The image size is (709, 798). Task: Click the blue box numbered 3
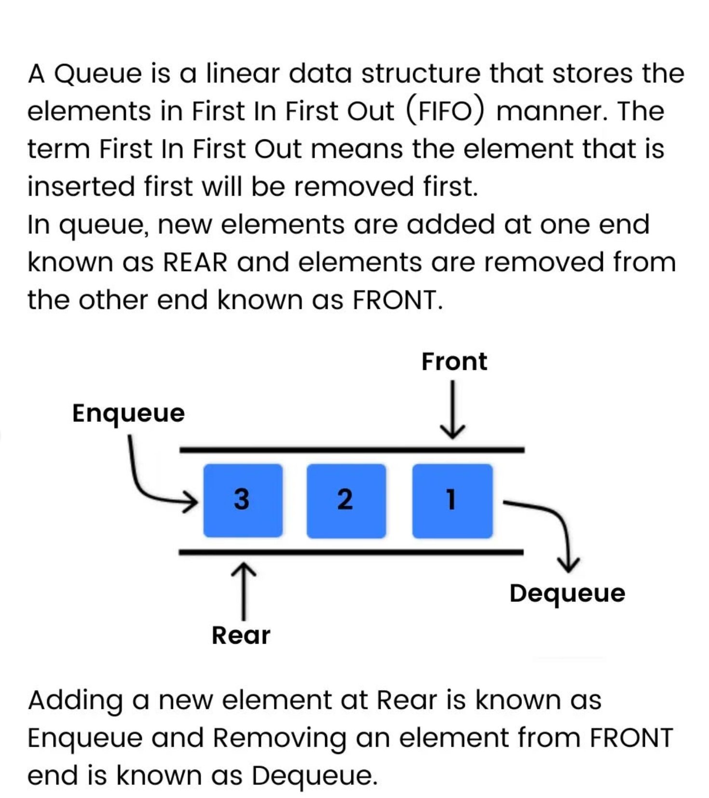(x=243, y=500)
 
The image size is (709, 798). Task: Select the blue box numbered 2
(x=346, y=500)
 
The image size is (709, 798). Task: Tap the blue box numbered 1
(x=452, y=500)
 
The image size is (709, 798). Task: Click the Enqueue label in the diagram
(x=128, y=413)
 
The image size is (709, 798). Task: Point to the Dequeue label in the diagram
(x=567, y=593)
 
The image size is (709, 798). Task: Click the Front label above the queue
(x=454, y=361)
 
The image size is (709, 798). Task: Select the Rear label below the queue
(x=241, y=635)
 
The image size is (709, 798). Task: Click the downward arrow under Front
(x=452, y=409)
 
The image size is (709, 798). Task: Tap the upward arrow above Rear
(x=243, y=591)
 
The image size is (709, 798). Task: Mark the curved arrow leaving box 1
(x=555, y=526)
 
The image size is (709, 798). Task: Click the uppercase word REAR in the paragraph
(x=195, y=262)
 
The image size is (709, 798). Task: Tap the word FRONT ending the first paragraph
(x=395, y=300)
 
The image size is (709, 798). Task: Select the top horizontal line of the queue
(x=352, y=450)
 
